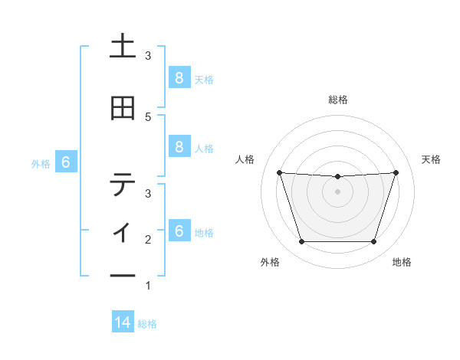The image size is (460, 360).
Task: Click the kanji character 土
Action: (123, 47)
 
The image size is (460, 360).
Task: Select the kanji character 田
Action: (123, 109)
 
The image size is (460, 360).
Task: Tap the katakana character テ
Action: (123, 184)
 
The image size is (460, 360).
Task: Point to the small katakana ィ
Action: (123, 231)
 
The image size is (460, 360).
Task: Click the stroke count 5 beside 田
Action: (148, 116)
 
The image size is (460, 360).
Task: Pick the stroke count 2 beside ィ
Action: (148, 240)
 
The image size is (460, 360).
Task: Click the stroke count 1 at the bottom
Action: (148, 286)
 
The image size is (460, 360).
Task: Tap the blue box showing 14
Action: (123, 323)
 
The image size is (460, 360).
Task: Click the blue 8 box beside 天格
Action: (179, 78)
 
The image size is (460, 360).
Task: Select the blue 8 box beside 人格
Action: (179, 148)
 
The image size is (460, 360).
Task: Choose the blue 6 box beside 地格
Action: (179, 231)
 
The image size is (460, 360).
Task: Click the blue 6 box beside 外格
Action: (66, 162)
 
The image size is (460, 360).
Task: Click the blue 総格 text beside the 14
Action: (147, 324)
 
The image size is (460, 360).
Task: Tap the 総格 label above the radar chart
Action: (338, 100)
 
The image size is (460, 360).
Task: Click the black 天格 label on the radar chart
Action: (432, 159)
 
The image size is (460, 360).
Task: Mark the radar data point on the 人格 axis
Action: (280, 172)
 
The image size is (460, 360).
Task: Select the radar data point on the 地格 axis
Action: (373, 242)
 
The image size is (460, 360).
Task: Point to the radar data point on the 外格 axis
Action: (301, 242)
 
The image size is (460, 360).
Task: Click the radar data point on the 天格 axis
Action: (396, 172)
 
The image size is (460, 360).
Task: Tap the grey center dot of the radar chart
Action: (337, 191)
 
